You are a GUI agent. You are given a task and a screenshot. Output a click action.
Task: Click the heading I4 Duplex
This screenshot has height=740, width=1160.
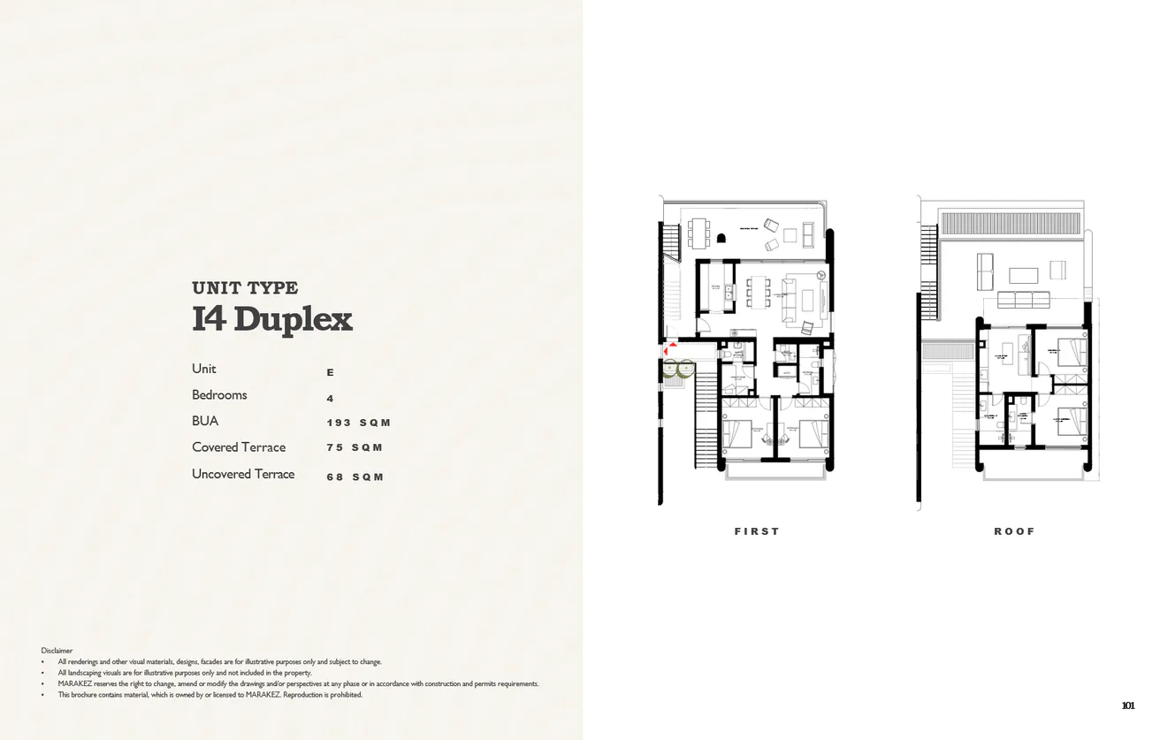coord(271,319)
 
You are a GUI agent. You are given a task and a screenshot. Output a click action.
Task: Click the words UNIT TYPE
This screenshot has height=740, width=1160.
coord(245,287)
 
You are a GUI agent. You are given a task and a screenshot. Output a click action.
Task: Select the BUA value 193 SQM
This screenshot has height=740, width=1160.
coord(358,423)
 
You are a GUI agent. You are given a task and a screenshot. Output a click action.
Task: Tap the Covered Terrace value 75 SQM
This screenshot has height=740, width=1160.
coord(355,447)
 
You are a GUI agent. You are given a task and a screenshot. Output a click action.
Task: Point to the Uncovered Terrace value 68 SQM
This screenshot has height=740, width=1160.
coord(355,477)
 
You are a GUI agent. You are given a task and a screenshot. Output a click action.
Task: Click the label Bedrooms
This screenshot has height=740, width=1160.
coord(219,395)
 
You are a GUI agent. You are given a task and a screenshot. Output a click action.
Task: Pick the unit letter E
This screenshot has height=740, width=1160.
coord(331,373)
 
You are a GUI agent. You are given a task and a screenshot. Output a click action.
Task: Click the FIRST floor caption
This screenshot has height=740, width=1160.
coord(757,531)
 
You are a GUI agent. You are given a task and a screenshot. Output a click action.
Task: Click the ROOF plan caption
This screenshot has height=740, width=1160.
coord(1014,531)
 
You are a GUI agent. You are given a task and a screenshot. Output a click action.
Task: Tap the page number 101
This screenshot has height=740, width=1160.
coord(1127,706)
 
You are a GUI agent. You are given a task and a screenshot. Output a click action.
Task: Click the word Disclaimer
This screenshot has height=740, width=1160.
coord(57,650)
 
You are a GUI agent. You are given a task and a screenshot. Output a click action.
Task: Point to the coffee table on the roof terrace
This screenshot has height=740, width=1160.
coord(1024,273)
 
